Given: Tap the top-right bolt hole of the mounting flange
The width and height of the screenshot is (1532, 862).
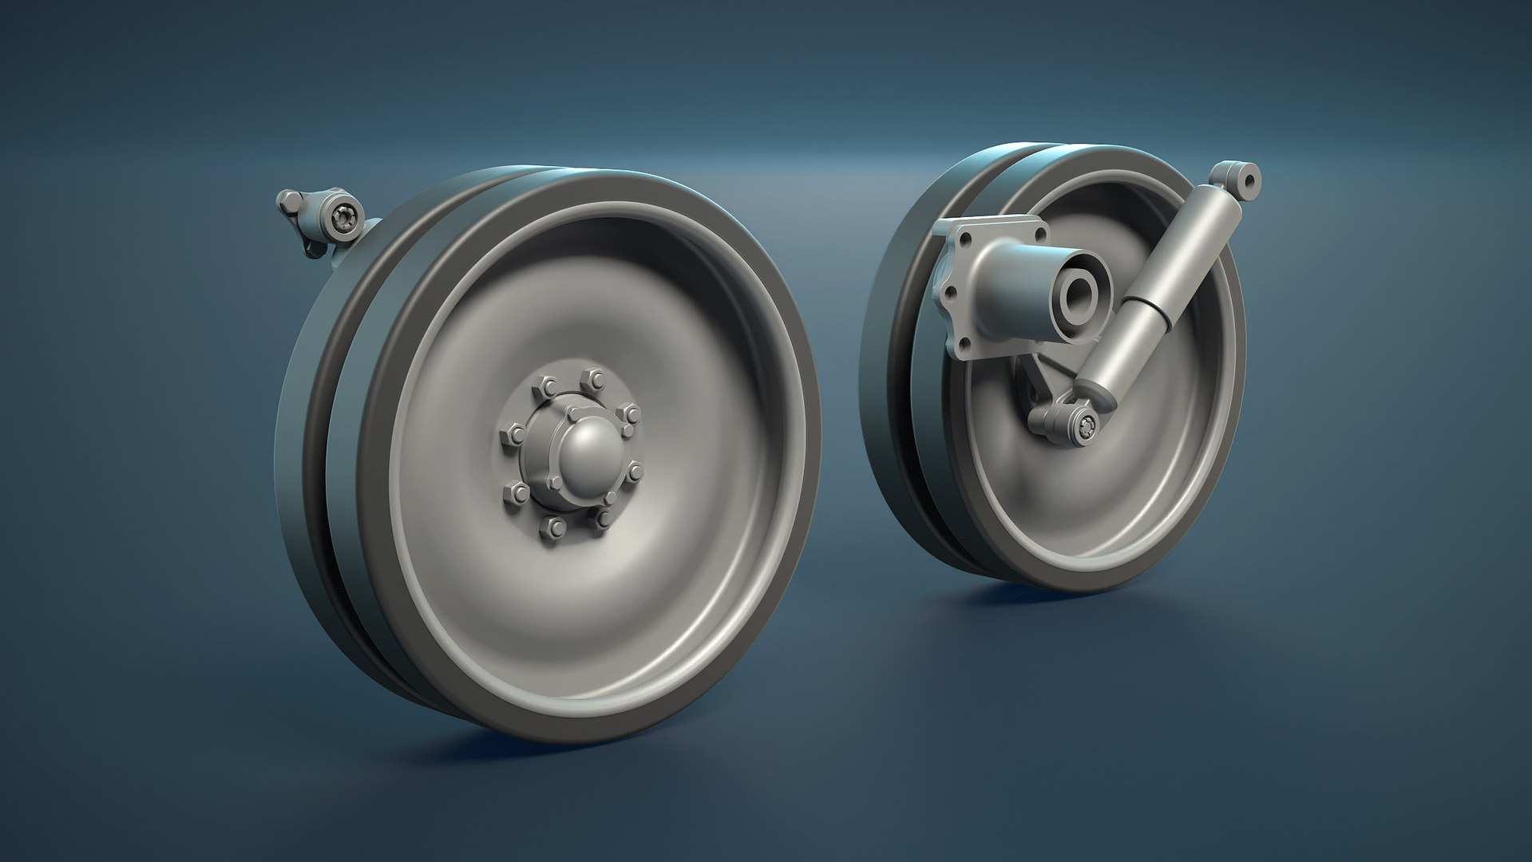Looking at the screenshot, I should point(1040,232).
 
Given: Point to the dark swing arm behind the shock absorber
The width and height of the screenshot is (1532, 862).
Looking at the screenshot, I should point(1038,383).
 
